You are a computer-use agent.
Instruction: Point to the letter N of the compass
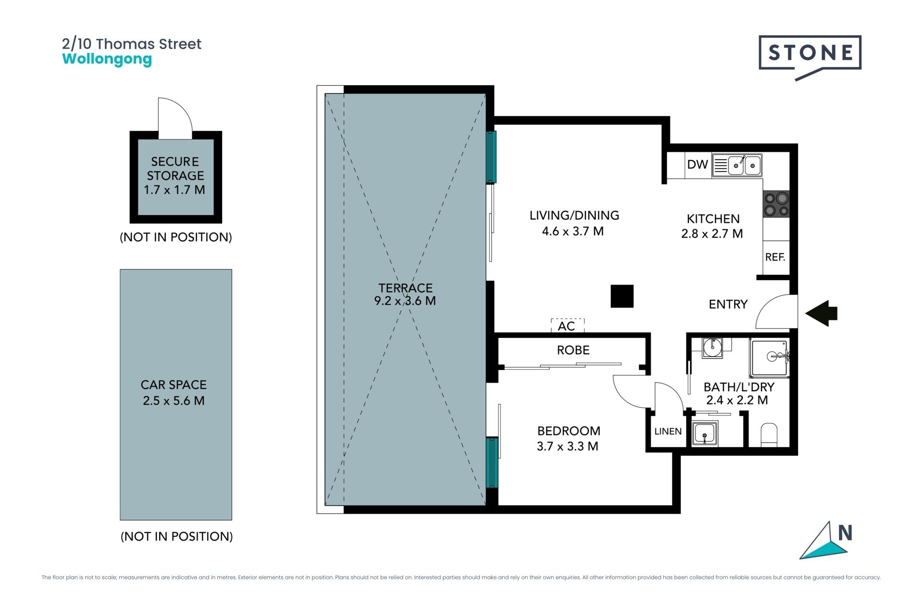845,533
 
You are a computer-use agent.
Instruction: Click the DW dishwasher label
698,165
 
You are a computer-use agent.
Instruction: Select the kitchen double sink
737,166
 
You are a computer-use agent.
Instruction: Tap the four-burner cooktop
776,204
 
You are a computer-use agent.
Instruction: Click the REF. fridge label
775,257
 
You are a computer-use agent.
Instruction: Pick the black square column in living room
622,296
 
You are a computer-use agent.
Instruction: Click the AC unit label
567,326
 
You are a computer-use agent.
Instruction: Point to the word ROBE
573,350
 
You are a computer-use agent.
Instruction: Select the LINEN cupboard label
668,431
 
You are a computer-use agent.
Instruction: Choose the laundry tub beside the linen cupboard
705,433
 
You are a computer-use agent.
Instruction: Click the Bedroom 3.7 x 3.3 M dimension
568,446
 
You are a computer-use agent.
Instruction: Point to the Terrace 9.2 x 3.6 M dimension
405,301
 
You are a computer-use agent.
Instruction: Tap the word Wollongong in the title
107,60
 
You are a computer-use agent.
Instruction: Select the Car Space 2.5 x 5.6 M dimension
174,400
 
